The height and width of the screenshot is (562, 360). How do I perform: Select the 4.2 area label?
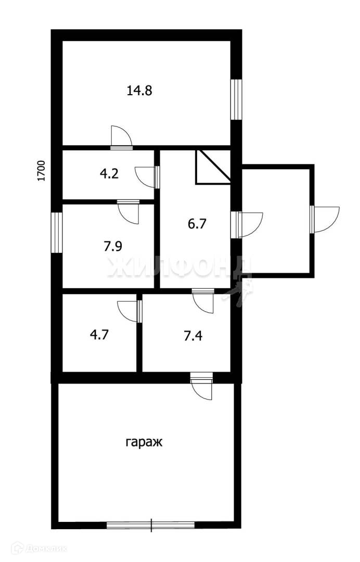109,173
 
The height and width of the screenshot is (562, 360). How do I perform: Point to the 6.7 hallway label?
198,224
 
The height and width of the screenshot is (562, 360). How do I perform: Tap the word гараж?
144,443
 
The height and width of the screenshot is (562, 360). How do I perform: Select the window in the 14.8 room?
236,99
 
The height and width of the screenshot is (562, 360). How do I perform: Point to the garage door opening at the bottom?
151,525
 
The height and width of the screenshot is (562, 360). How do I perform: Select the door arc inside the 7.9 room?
128,212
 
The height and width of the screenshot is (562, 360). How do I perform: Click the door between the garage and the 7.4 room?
202,387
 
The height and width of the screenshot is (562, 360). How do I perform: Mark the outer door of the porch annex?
325,219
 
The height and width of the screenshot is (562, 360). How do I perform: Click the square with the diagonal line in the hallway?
213,167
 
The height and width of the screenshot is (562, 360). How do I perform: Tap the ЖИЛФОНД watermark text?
179,268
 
